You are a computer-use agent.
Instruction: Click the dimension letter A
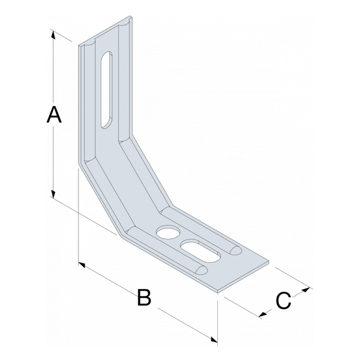click(54, 115)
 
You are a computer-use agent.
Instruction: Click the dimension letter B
click(144, 298)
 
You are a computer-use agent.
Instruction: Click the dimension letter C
click(283, 300)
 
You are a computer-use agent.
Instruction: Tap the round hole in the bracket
click(168, 232)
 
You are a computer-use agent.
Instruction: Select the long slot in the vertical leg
click(107, 90)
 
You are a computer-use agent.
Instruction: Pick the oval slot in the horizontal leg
click(200, 251)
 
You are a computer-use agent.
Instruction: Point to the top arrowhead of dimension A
click(53, 34)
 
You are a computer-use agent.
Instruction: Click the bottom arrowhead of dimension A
click(53, 194)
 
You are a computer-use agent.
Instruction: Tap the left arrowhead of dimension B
click(82, 265)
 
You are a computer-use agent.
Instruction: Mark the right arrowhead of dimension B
click(214, 339)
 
